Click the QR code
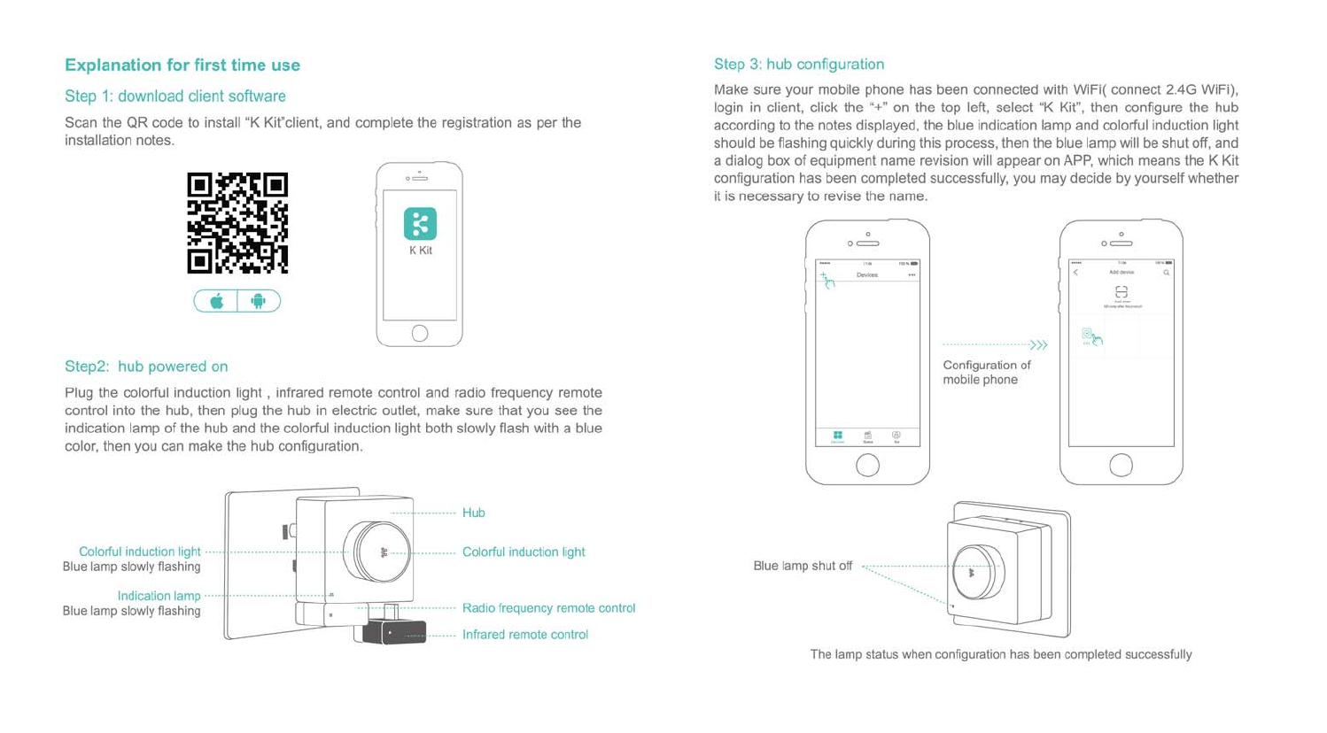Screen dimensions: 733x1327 237,223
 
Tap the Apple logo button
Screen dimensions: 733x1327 216,302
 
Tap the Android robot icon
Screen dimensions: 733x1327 259,302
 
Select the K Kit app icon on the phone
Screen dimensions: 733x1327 420,224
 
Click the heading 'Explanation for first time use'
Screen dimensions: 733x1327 182,66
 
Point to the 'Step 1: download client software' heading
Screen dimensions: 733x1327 175,96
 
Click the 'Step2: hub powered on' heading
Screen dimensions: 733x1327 146,366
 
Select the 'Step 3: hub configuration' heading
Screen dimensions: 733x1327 799,65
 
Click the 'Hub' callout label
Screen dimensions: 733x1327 474,513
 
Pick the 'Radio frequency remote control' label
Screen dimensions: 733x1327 548,608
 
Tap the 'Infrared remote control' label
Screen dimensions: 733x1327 525,635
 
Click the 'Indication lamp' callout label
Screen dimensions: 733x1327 159,597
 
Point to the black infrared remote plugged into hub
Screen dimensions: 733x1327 394,632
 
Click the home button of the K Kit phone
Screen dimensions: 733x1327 420,334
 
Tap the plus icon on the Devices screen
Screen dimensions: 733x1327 824,276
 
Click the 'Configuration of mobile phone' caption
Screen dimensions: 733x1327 987,373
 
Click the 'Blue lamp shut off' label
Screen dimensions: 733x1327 803,567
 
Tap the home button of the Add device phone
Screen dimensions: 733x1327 1121,465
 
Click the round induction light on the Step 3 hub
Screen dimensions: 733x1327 976,573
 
